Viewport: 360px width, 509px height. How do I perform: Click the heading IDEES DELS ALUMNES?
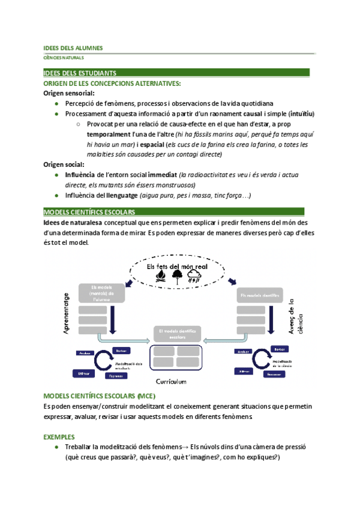click(x=73, y=47)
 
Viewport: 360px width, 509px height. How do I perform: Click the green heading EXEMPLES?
click(x=60, y=437)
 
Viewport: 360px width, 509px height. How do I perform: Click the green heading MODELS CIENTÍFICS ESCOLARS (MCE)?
click(x=100, y=397)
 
